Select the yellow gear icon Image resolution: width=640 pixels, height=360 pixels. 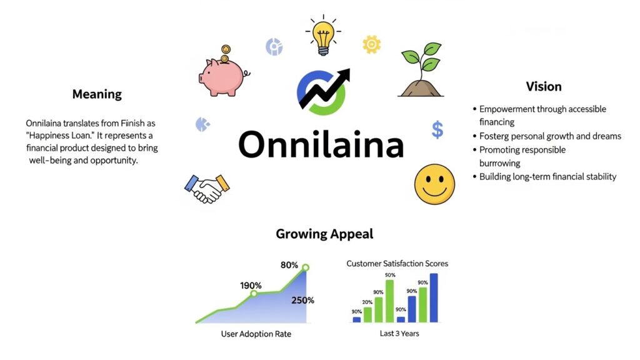[371, 44]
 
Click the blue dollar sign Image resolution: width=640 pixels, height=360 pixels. [437, 130]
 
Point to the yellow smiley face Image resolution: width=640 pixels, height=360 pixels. [434, 184]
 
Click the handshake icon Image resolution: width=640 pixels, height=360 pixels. [207, 187]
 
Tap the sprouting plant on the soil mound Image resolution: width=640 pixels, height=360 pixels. [421, 70]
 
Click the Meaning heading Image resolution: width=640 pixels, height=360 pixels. [97, 94]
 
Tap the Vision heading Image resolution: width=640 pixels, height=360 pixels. [543, 86]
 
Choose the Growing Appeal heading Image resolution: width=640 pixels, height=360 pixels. [324, 234]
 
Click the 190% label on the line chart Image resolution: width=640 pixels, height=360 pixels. [251, 286]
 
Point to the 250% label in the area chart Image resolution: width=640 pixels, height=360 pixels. [302, 300]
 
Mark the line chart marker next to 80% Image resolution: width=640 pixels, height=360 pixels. [306, 268]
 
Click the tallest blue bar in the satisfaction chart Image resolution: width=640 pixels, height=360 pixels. [434, 297]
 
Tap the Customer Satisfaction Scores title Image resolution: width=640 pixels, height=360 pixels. [397, 264]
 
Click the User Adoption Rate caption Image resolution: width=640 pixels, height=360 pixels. [256, 334]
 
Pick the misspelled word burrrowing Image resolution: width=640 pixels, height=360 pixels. [500, 163]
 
